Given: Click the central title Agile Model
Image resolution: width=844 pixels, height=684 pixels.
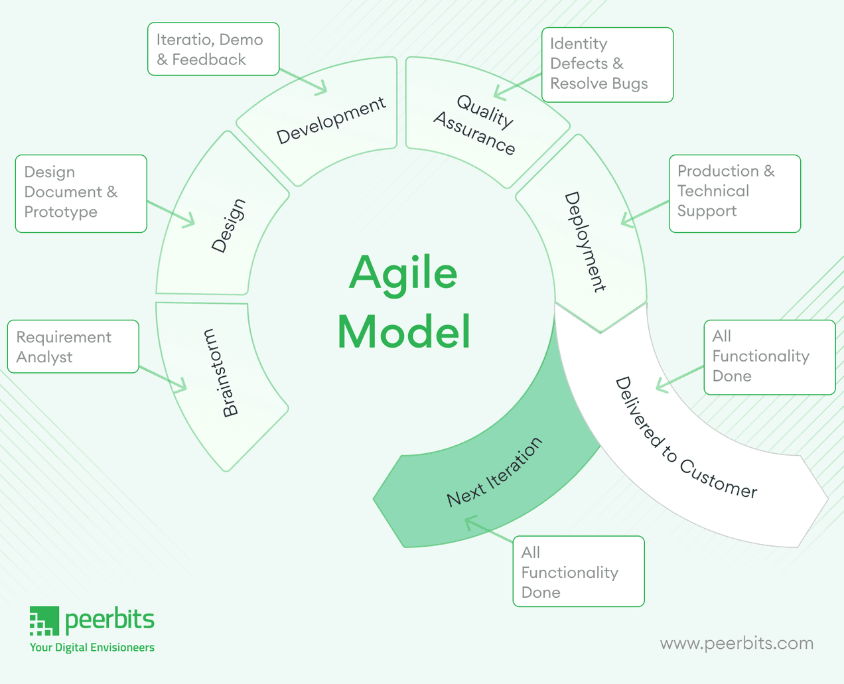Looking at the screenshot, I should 403,302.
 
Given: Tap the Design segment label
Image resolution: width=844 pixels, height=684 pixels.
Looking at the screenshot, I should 228,226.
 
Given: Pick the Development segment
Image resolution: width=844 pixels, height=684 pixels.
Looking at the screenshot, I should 330,120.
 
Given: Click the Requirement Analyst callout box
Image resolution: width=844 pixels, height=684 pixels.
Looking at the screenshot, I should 73,347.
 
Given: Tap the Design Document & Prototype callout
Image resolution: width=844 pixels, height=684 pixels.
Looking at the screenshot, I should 81,193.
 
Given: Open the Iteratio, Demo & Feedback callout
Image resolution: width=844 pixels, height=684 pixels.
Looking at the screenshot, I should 213,50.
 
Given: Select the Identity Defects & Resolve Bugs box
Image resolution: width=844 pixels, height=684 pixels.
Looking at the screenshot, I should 607,64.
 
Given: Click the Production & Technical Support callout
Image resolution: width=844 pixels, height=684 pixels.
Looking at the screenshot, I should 735,193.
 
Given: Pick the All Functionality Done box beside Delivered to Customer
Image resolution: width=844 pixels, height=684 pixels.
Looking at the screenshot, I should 769,357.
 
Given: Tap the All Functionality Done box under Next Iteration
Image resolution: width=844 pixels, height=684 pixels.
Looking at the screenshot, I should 578,571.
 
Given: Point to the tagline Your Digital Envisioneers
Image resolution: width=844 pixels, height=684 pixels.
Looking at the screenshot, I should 92,648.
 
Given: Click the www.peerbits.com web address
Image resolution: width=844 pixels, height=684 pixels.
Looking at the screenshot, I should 737,643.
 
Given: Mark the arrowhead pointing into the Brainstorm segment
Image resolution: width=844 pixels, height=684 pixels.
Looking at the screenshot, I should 182,386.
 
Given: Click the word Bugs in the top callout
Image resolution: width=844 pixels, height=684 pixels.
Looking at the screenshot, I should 630,84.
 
